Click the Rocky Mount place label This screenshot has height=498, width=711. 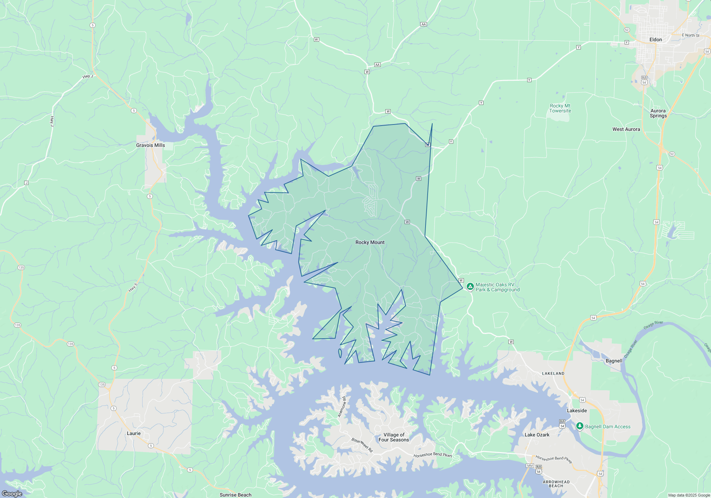[370, 242]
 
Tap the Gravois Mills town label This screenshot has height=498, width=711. [150, 145]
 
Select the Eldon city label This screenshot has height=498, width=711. [656, 39]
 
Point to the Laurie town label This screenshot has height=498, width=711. [134, 433]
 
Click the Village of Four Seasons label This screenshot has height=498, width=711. [394, 437]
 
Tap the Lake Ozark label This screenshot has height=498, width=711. [537, 435]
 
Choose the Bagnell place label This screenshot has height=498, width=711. [614, 361]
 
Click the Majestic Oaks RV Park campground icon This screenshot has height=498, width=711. [470, 286]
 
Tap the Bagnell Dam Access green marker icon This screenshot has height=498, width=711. [579, 426]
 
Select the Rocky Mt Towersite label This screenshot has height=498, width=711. [560, 108]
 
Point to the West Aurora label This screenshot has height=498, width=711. [626, 129]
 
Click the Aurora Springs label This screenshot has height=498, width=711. [658, 113]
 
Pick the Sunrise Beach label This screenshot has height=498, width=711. [235, 495]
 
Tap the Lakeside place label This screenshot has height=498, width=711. [577, 410]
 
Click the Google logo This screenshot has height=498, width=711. [12, 493]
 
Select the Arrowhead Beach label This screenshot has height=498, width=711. [556, 484]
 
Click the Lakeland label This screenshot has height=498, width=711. [553, 373]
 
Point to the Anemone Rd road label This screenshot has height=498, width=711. [342, 407]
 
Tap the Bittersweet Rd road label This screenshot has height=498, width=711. [362, 445]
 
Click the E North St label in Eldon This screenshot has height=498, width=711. [690, 35]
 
